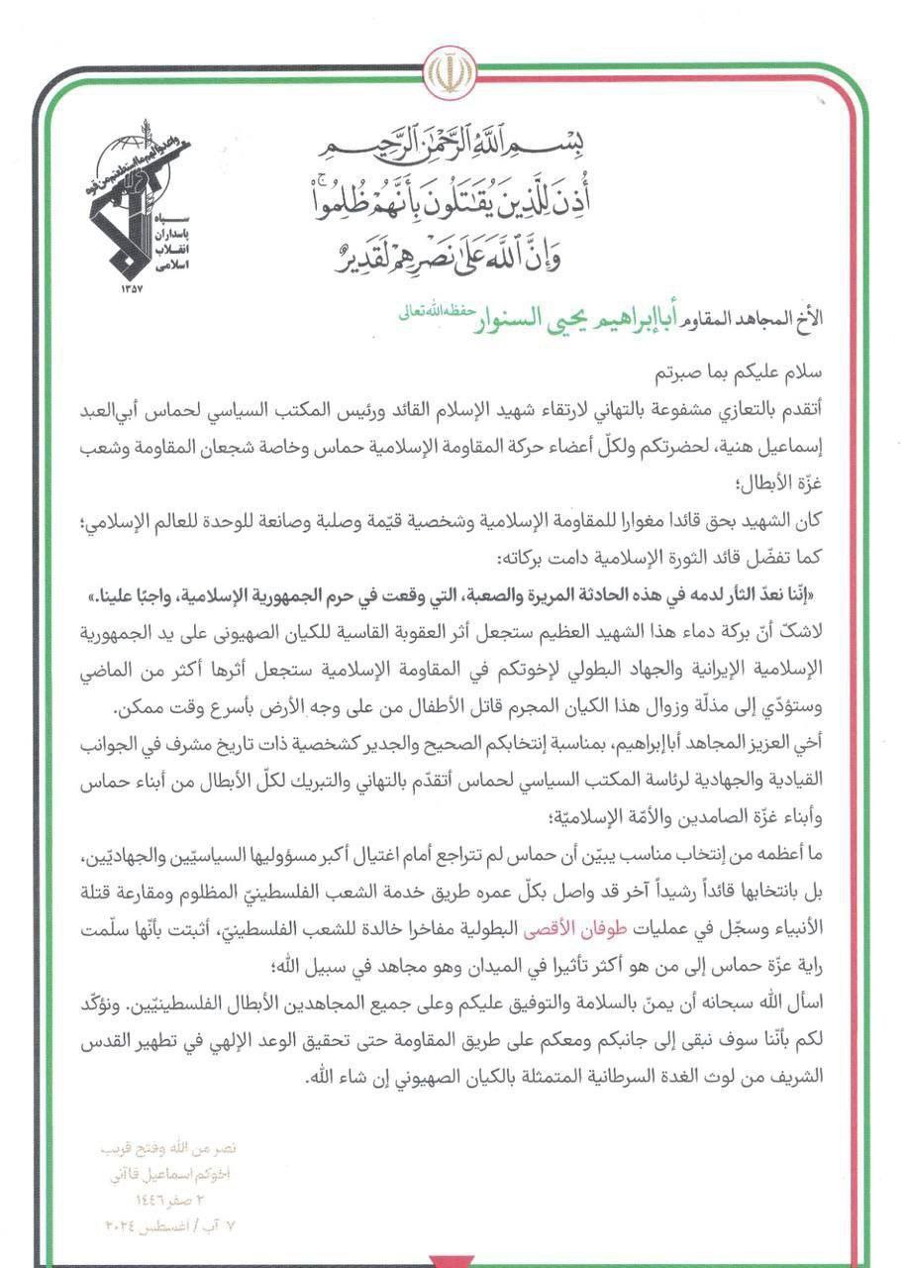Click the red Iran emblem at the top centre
tap(453, 72)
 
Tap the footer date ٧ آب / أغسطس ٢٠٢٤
tap(170, 1225)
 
